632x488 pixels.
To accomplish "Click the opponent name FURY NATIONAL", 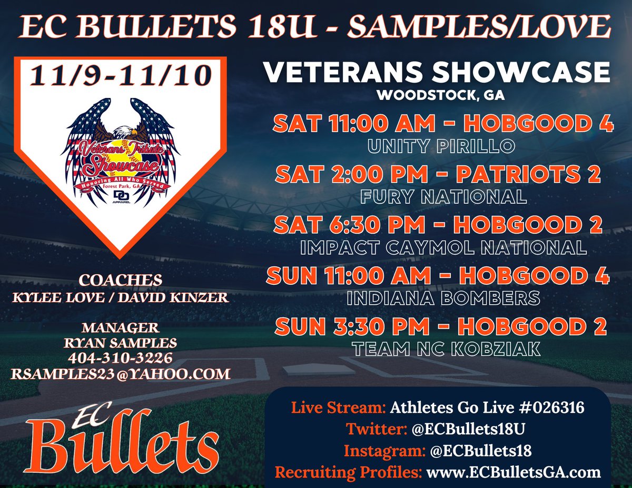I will point(443,196).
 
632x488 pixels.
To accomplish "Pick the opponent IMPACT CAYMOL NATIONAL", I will point(443,247).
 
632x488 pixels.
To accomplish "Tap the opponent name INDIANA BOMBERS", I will point(443,298).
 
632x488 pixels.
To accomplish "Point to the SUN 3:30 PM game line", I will point(440,326).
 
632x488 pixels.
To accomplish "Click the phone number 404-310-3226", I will point(120,358).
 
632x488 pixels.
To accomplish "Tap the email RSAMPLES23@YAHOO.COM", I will point(120,374).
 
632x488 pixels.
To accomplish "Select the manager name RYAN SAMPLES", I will point(120,343).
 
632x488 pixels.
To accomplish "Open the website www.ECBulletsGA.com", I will point(513,472).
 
